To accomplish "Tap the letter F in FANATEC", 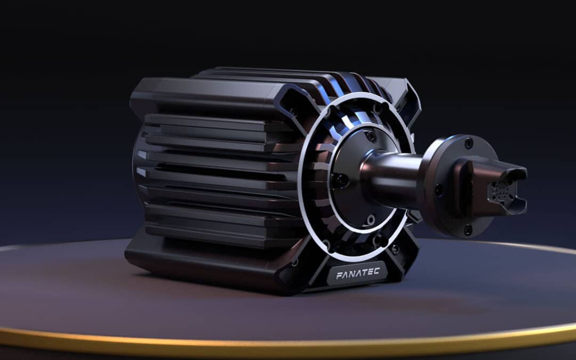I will (x=339, y=276).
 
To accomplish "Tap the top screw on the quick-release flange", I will (x=468, y=143).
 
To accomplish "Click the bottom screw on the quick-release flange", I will (x=468, y=230).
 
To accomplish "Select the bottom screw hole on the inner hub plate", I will (x=370, y=219).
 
